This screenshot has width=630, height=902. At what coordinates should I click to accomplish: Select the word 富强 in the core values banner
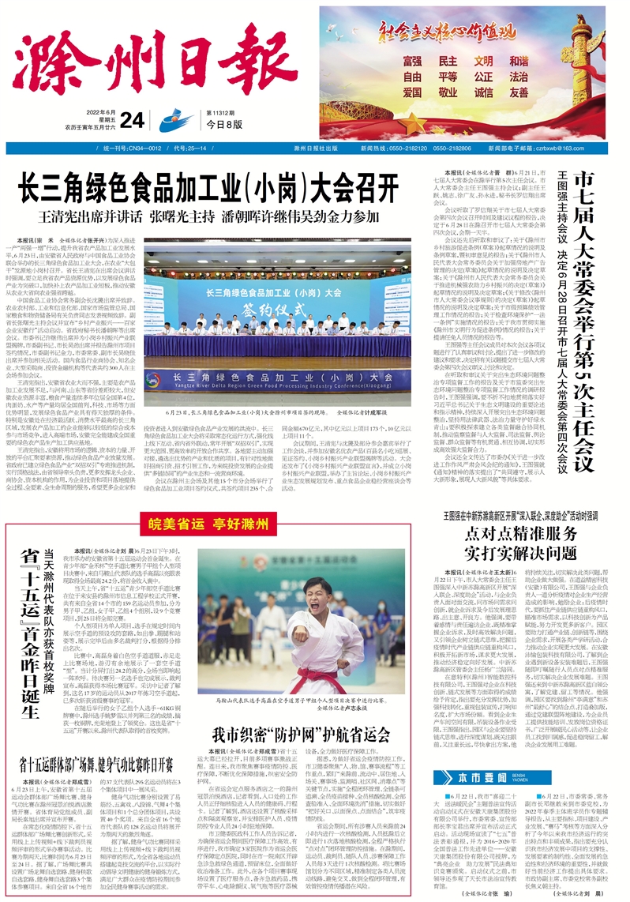point(412,62)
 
